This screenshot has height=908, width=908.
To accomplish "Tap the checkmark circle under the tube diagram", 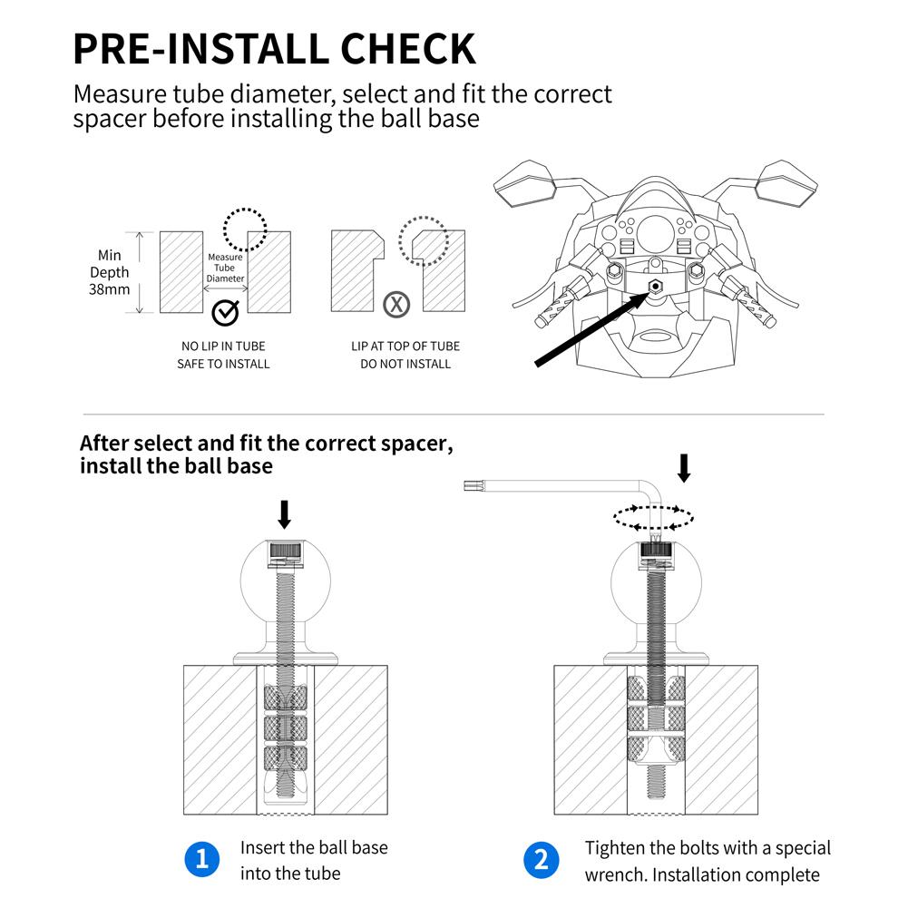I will pyautogui.click(x=224, y=312).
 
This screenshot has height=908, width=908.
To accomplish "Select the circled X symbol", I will pyautogui.click(x=396, y=304).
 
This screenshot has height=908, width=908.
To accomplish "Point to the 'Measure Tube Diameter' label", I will pyautogui.click(x=225, y=268).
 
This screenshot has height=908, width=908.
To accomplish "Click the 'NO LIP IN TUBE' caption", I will pyautogui.click(x=223, y=347).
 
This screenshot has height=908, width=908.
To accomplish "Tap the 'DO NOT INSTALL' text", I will pyautogui.click(x=405, y=364).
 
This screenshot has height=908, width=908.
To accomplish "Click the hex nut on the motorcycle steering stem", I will pyautogui.click(x=655, y=285).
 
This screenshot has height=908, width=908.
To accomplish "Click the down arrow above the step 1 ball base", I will pyautogui.click(x=284, y=513).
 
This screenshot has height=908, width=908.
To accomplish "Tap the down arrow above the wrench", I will pyautogui.click(x=684, y=467).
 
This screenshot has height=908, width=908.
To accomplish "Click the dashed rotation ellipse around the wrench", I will pyautogui.click(x=654, y=519).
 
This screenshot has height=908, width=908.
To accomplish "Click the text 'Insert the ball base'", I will pyautogui.click(x=314, y=847).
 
